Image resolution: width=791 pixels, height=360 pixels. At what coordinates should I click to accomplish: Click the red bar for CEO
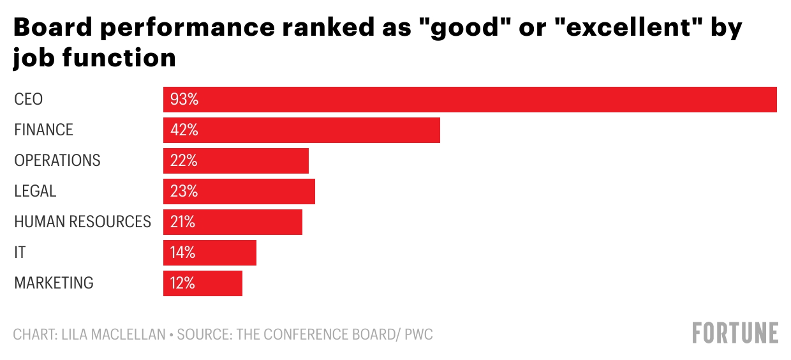pos(469,100)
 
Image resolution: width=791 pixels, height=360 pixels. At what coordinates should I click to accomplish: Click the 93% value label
pos(184,100)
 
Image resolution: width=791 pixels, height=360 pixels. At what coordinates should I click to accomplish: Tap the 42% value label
pos(184,130)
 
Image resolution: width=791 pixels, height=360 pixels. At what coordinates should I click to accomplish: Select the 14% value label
pos(183,253)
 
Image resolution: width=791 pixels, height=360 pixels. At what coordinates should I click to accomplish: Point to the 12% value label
pos(183,283)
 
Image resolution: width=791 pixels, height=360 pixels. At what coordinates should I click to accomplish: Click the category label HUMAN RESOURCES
pos(82,222)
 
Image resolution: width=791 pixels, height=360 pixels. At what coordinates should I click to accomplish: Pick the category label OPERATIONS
pos(57,161)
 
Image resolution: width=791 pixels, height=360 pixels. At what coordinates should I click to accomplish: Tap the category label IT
pos(20,253)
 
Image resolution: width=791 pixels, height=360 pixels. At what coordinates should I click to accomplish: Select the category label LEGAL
pos(35,191)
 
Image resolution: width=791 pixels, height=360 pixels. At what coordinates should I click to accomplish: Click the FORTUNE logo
pos(736,333)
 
